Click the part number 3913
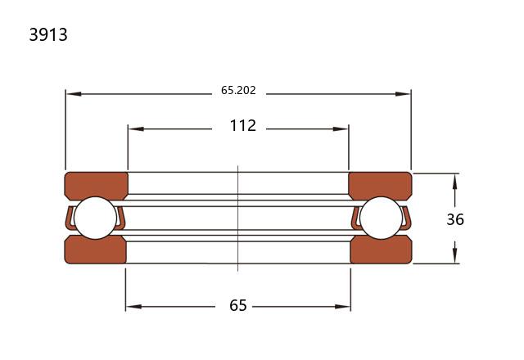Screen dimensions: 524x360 (x=48, y=34)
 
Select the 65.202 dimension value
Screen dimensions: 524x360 (x=238, y=91)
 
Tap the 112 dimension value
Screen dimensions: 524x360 (x=243, y=126)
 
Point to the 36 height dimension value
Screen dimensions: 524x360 (x=455, y=219)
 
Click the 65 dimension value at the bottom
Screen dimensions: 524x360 (x=238, y=305)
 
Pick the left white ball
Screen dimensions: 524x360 (x=96, y=218)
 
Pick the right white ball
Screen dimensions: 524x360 (x=382, y=218)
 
